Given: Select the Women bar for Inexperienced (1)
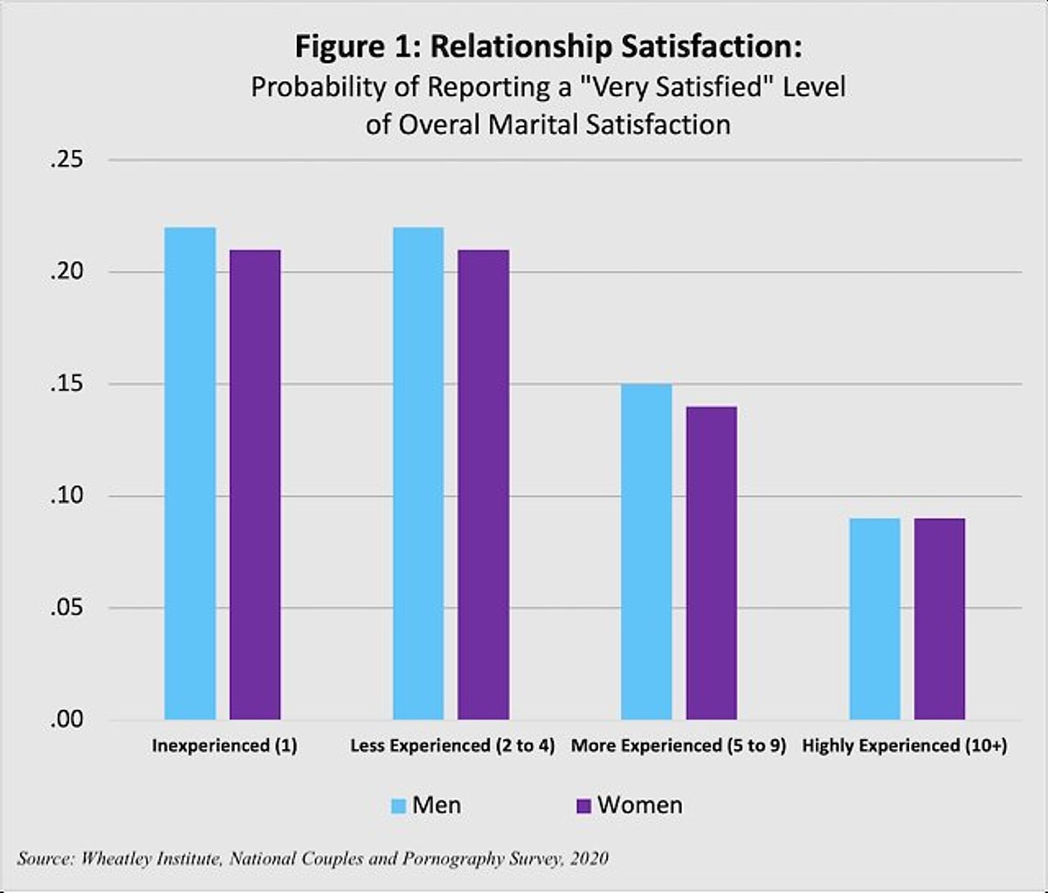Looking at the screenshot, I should coord(255,484).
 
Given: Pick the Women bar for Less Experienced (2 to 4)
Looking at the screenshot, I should coord(483,484).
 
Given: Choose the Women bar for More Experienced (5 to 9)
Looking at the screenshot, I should coord(711,563).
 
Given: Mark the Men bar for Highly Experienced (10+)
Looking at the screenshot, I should coord(874,619).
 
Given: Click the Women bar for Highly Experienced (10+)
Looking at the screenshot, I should coord(939,619).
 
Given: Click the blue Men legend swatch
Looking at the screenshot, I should coord(398,806).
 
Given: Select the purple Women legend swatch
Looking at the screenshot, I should coord(583,806).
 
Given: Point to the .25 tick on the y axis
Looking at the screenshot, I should coord(69,161).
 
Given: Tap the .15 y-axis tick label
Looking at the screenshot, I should coord(69,384).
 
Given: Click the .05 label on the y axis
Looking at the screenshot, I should coord(69,608).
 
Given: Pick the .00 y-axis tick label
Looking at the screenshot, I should coord(69,719).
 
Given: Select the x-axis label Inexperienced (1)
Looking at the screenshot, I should coord(224,746).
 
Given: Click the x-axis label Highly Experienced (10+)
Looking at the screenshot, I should coord(904,746).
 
